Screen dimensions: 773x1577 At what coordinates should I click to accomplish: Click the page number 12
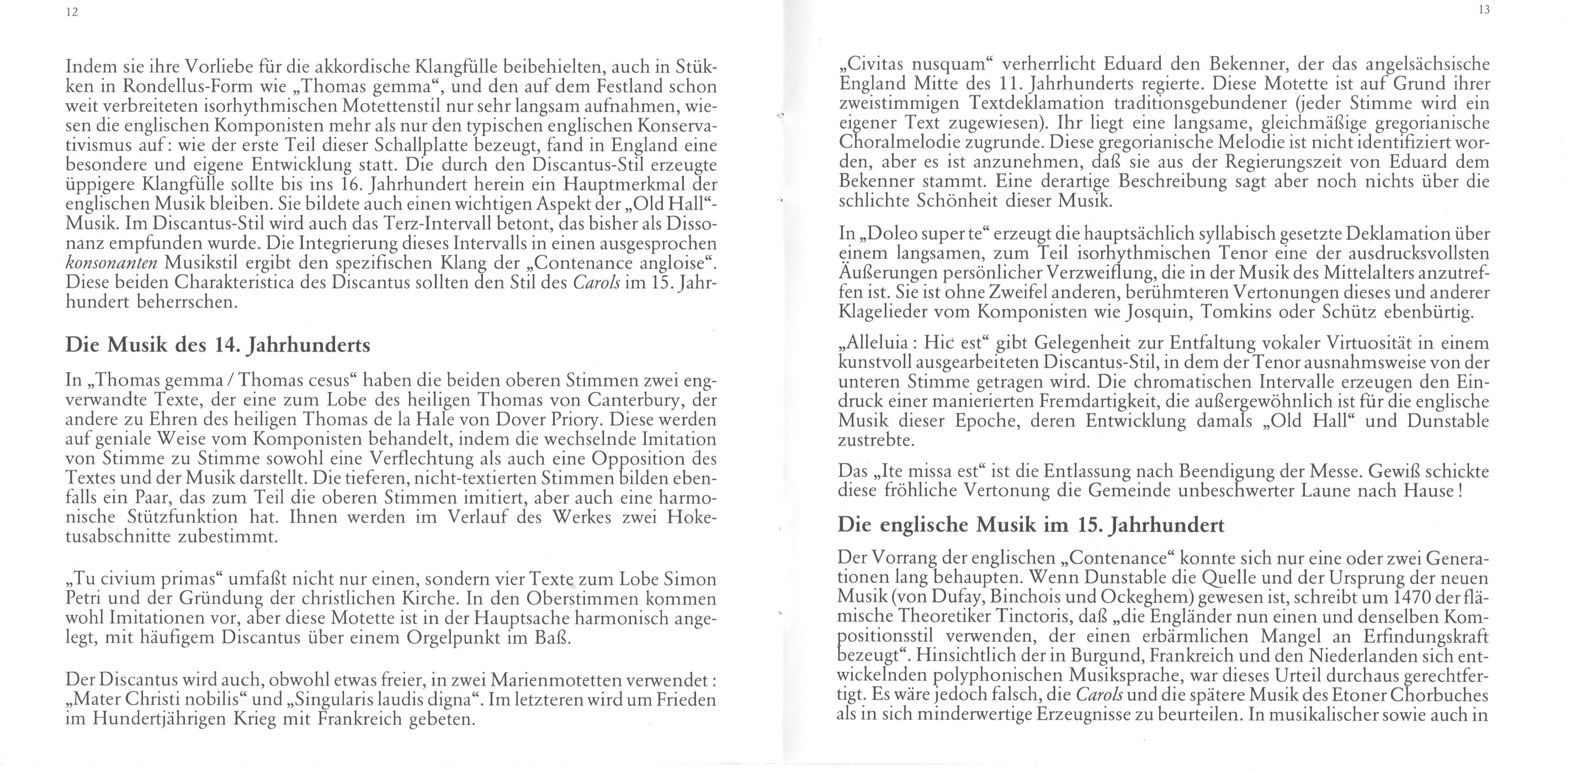click(x=72, y=13)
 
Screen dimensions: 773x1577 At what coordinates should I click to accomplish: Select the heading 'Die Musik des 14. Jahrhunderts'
click(x=217, y=345)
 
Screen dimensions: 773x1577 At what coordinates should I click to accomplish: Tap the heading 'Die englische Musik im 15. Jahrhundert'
click(x=1031, y=525)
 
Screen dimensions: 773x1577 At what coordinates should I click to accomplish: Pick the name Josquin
click(x=1154, y=312)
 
